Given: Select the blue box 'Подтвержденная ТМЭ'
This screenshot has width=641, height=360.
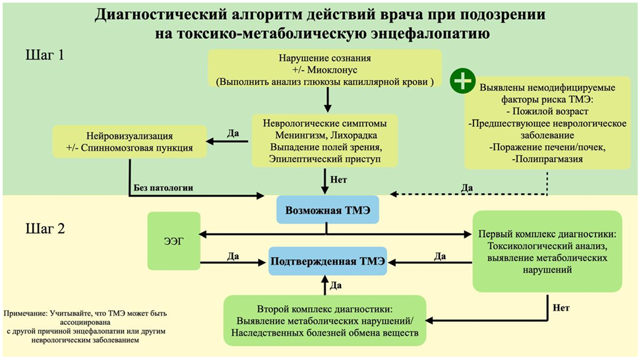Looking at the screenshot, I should [x=327, y=261].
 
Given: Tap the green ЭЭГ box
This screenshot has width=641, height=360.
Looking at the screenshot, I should [x=173, y=241].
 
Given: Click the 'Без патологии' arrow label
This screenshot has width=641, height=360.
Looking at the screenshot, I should [x=164, y=188].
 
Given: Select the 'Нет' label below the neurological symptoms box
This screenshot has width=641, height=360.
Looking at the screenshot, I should [x=339, y=179].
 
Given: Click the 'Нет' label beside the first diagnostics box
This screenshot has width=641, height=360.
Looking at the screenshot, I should [x=561, y=307].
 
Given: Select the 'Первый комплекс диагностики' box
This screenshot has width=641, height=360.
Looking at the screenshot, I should [x=547, y=251].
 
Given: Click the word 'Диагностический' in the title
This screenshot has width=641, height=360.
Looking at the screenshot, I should [x=163, y=15].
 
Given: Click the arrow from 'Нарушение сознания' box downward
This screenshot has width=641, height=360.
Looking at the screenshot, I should [x=327, y=100].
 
